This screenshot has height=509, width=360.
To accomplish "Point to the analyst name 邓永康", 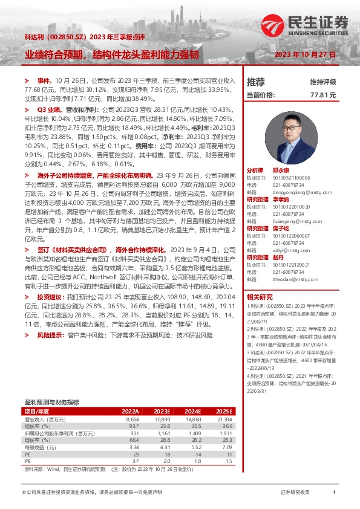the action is pos(280,171).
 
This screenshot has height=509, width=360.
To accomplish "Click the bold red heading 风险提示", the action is pos(50,334).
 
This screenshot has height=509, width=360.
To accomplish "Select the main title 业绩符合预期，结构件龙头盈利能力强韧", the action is pos(111,55).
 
